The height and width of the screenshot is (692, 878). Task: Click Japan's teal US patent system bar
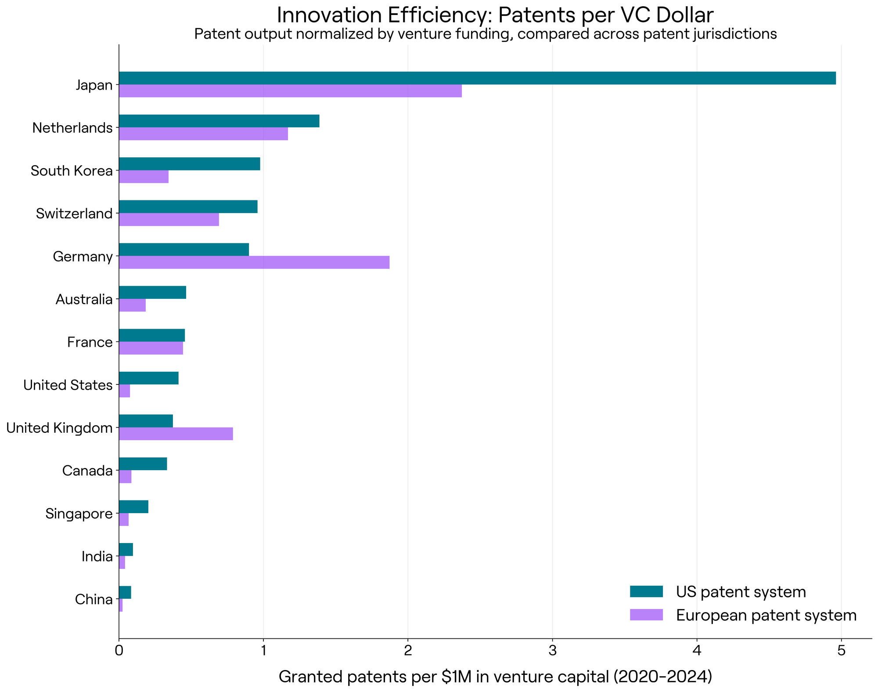click(x=477, y=78)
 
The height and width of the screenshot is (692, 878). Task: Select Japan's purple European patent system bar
click(x=290, y=91)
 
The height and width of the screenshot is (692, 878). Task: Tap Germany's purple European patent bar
click(x=254, y=262)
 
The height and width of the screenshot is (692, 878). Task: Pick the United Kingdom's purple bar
click(x=176, y=434)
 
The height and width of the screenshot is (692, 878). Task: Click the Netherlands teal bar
click(x=219, y=121)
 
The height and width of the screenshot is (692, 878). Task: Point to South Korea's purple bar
click(x=144, y=177)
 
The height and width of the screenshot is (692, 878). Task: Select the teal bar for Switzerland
click(x=188, y=207)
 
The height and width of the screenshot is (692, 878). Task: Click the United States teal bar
click(x=149, y=378)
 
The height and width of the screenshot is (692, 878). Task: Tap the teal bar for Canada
click(x=143, y=464)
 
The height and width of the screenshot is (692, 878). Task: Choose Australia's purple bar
click(x=132, y=305)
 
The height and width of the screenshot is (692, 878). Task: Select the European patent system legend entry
click(x=743, y=615)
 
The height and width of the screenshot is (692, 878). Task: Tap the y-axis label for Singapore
click(x=79, y=514)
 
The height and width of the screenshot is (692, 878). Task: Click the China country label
click(x=94, y=599)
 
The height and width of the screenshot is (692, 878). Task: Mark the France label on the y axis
click(x=90, y=342)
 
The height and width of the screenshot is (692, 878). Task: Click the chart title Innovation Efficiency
click(x=495, y=15)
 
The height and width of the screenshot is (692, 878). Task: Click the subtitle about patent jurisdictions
click(x=486, y=34)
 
